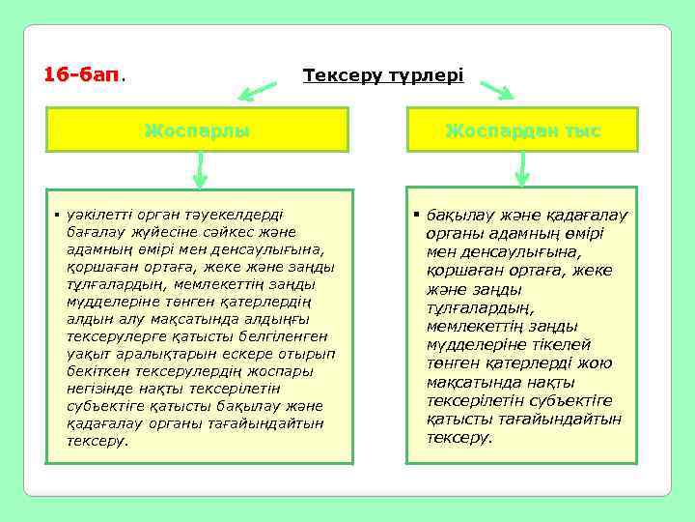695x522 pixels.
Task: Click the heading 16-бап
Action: click(84, 74)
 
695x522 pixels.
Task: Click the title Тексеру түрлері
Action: click(383, 74)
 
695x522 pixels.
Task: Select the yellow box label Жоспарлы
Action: click(197, 130)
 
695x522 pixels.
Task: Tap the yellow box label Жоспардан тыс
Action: click(522, 130)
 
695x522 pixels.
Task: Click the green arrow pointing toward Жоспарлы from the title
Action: click(258, 92)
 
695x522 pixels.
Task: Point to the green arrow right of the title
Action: click(496, 90)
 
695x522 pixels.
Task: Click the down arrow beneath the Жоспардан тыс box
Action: click(522, 170)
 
